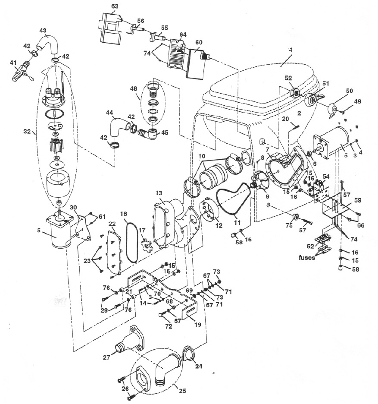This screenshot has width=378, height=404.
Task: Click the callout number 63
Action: click(115, 6)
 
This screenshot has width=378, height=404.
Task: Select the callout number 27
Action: click(107, 357)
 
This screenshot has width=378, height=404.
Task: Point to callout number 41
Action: click(13, 62)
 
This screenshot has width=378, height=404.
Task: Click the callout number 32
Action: click(27, 131)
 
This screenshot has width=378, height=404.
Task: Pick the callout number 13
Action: click(159, 193)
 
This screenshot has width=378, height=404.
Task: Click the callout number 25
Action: click(182, 391)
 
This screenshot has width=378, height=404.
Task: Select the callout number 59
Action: click(357, 200)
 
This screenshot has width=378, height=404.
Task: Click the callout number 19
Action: click(198, 325)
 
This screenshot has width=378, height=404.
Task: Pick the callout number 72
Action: click(169, 326)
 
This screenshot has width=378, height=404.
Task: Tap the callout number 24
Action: click(198, 366)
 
